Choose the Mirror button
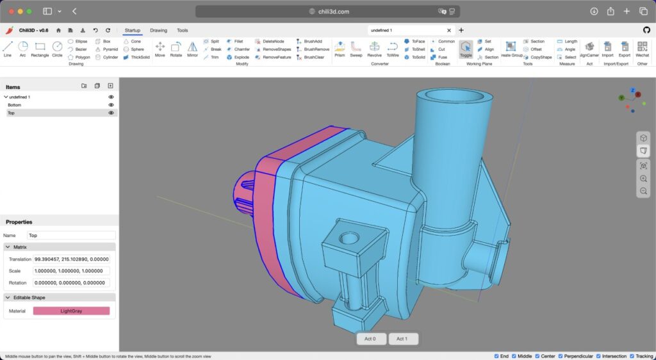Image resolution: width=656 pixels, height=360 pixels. [192, 49]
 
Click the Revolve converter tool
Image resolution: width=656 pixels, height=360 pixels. [374, 49]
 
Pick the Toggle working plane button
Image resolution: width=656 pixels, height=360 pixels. [466, 49]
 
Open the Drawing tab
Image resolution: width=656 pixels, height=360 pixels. [158, 30]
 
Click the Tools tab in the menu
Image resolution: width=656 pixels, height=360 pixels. [183, 30]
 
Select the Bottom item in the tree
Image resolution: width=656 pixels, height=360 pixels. [15, 105]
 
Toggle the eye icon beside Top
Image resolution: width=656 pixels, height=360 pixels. [111, 113]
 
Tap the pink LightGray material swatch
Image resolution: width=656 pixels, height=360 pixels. [71, 311]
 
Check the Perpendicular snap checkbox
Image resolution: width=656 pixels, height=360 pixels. [561, 356]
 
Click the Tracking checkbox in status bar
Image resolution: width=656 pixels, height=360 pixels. [631, 356]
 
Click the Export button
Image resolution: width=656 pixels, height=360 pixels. [624, 49]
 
